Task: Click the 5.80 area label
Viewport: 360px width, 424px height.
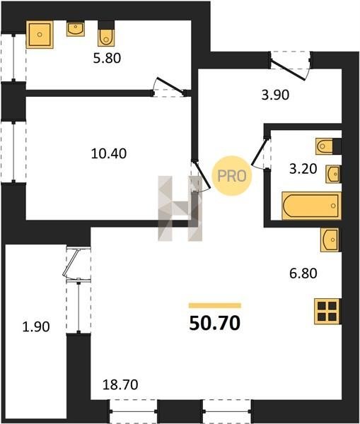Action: (x=107, y=59)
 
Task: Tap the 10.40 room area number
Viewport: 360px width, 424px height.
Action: (x=109, y=153)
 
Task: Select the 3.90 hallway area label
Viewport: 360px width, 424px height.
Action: (x=275, y=95)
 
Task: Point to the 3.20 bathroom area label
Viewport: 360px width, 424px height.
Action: (x=303, y=169)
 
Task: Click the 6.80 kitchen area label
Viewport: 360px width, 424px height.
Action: (x=303, y=273)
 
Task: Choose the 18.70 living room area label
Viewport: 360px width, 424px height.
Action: (x=120, y=384)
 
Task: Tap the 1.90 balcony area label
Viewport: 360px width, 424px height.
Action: (x=36, y=327)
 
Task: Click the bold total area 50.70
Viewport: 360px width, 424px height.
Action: (x=214, y=323)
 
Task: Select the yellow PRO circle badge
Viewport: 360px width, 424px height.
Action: (x=232, y=176)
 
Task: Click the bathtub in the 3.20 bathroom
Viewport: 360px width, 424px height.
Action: (x=311, y=206)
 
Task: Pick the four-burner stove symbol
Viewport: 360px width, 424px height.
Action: (x=327, y=311)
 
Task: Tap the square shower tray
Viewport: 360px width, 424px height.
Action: (x=40, y=35)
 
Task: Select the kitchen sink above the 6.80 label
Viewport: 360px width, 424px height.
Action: (x=330, y=240)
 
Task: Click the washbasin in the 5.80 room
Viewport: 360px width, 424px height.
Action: (x=76, y=29)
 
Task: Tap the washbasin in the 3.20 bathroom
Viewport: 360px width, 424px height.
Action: (x=332, y=174)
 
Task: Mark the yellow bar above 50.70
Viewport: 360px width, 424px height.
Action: (x=215, y=305)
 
